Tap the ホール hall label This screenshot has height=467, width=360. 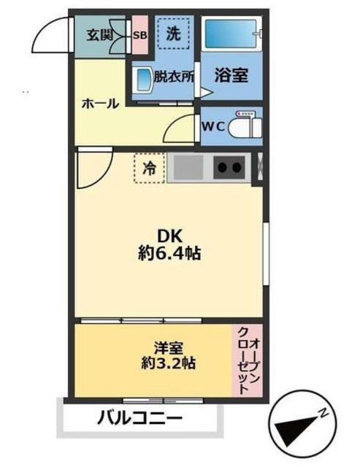click(x=99, y=104)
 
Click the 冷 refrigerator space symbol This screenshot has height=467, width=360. click(x=149, y=169)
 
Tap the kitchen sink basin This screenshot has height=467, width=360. click(x=188, y=169)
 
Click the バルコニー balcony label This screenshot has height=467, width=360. click(x=139, y=420)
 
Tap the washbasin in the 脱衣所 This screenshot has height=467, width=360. click(x=143, y=77)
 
